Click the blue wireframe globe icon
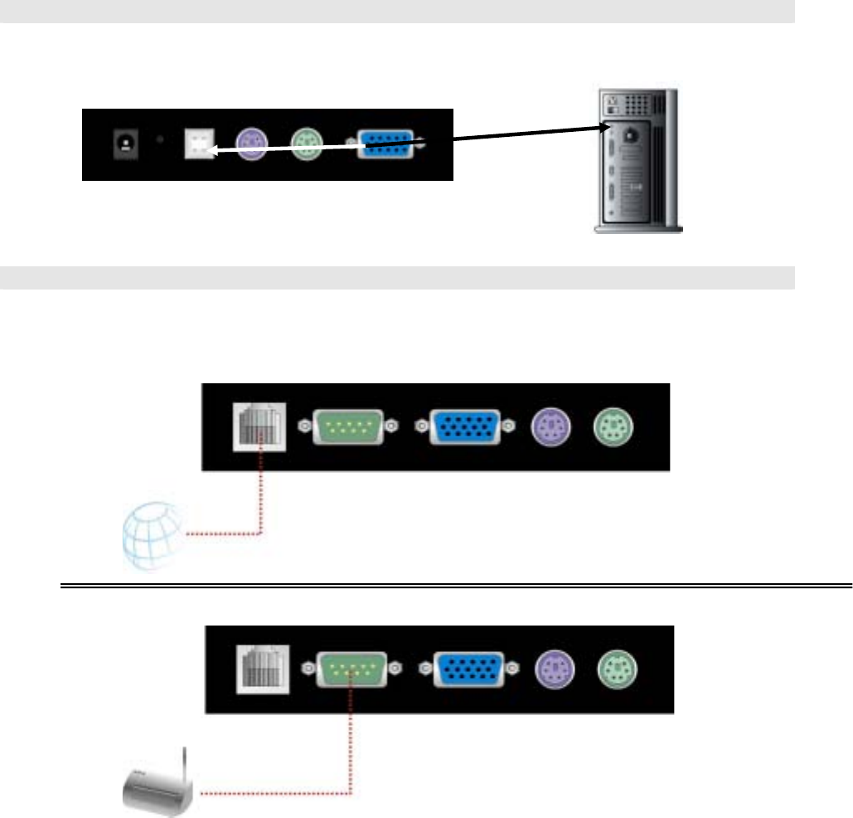point(150,537)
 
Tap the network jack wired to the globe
point(259,426)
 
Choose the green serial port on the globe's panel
point(347,426)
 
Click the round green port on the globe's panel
point(611,426)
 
